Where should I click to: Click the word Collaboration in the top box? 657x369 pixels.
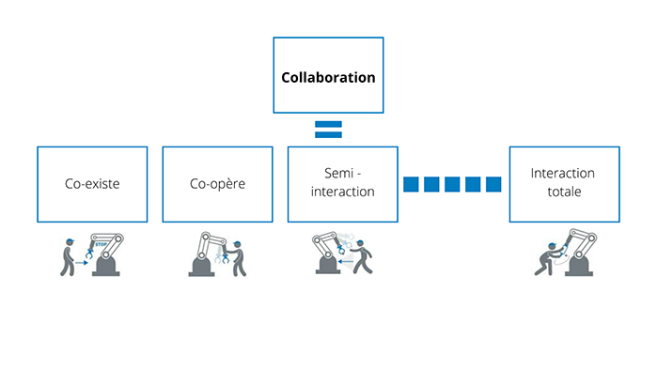(328, 77)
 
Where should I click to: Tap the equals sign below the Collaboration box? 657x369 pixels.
(328, 130)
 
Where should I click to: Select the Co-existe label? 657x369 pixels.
(92, 184)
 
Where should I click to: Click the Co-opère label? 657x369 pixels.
(217, 184)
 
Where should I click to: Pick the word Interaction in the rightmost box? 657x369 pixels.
(562, 175)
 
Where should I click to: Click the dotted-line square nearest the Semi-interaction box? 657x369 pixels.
(411, 184)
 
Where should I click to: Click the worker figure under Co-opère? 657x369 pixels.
(239, 259)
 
